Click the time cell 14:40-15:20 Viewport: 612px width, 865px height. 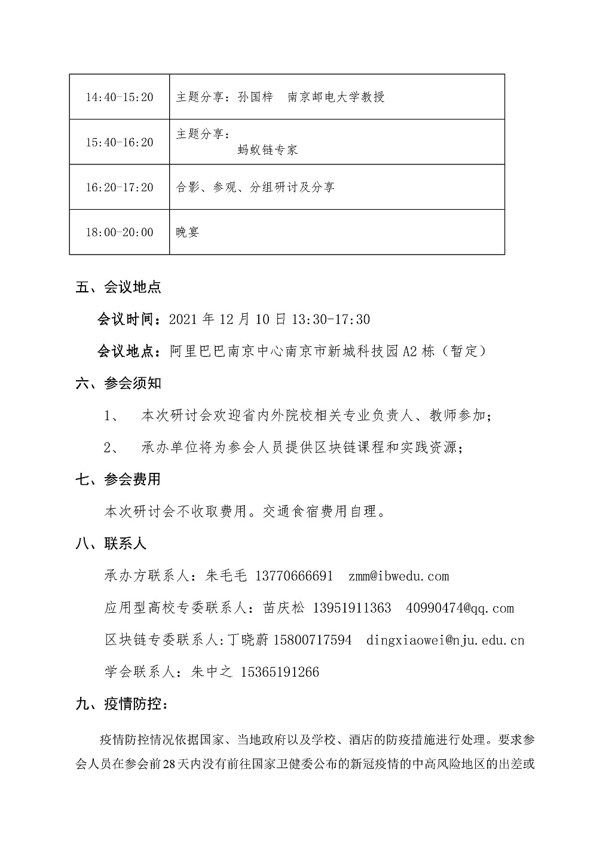click(120, 97)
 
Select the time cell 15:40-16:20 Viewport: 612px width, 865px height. click(120, 142)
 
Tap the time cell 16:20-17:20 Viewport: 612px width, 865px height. click(120, 187)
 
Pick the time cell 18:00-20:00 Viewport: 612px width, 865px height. click(120, 232)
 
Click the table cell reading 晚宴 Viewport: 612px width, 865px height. click(187, 232)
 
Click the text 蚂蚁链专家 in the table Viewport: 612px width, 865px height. click(267, 150)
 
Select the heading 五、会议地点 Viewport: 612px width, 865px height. click(118, 287)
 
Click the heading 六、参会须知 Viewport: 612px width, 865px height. click(118, 383)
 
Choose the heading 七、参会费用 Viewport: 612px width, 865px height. click(118, 479)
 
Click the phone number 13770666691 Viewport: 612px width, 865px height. click(293, 576)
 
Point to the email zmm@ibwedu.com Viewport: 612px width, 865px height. click(398, 576)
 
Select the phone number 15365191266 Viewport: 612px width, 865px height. click(280, 673)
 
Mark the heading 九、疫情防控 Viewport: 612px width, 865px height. click(122, 704)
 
